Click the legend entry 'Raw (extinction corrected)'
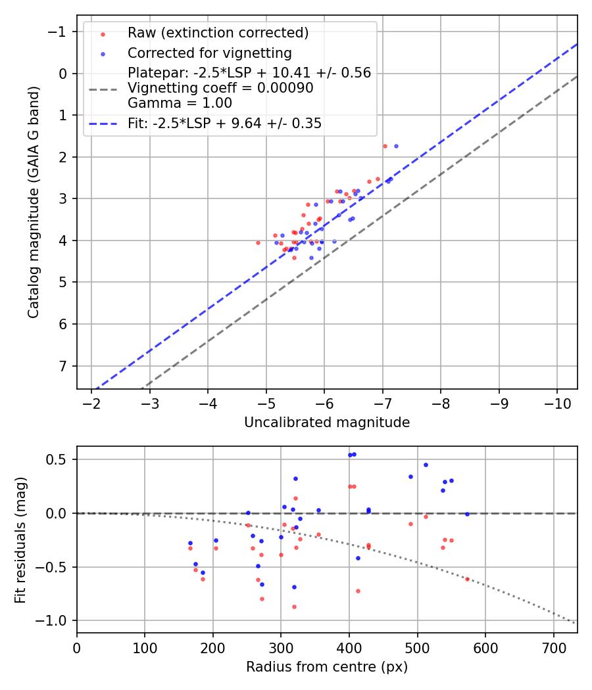[x=218, y=33]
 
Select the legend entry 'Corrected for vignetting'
[x=209, y=53]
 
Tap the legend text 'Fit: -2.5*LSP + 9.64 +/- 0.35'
[x=224, y=124]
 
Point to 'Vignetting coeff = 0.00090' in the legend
[x=220, y=88]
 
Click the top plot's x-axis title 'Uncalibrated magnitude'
[x=327, y=423]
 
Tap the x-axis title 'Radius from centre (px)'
[x=327, y=667]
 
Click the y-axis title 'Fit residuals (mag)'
[x=20, y=540]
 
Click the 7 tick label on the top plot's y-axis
[x=64, y=366]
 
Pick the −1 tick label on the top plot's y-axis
[x=61, y=32]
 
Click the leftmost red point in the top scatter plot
[x=258, y=242]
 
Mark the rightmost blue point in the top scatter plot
[x=396, y=146]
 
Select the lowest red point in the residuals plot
[x=294, y=607]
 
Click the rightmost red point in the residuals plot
[x=467, y=579]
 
